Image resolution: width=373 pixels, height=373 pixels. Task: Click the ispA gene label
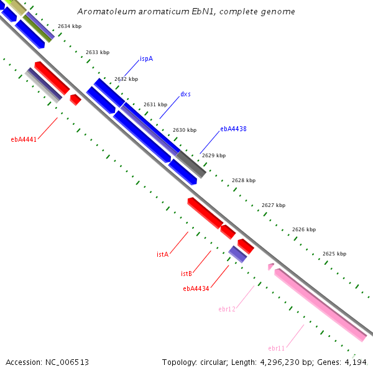146,59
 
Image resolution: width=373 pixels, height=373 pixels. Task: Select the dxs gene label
185,94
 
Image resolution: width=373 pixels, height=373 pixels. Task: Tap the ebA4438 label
233,129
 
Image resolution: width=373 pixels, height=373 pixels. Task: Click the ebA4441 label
24,139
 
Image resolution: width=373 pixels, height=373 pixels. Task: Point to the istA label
163,254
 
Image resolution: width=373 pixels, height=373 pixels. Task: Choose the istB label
186,274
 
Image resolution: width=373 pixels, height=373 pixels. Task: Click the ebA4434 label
196,288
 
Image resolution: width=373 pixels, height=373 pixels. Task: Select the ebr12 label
227,309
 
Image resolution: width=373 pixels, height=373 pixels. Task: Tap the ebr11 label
277,348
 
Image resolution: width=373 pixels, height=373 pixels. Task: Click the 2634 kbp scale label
69,26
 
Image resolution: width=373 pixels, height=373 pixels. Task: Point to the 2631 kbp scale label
155,104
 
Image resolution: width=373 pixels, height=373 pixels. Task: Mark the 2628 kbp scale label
244,180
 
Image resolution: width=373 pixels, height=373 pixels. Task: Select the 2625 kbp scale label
334,254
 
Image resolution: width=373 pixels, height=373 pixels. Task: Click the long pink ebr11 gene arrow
320,305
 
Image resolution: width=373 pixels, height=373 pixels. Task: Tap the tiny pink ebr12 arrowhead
270,267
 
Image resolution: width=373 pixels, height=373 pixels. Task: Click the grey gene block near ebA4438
191,163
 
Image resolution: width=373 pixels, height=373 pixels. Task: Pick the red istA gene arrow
205,213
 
